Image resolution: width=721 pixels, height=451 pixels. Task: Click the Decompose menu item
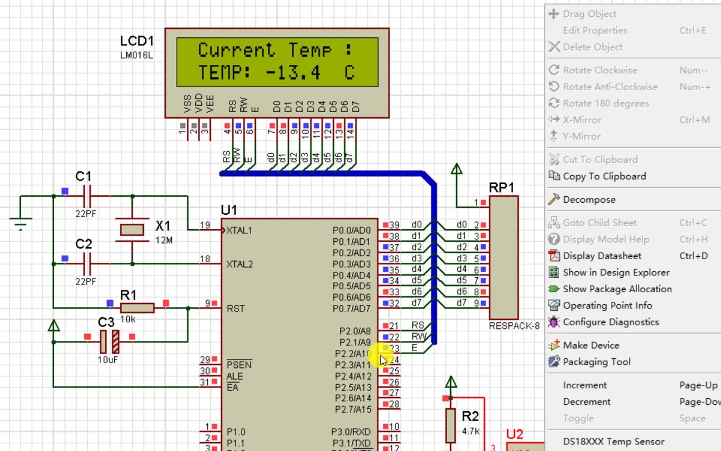(x=589, y=200)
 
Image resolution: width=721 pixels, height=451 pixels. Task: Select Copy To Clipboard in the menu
(x=604, y=176)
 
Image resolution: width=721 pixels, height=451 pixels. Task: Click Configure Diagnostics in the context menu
(x=610, y=322)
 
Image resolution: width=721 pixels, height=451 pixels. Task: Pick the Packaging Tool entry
(x=596, y=362)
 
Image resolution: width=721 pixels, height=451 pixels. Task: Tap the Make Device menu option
(x=591, y=345)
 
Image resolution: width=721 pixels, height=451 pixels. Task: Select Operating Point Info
(x=607, y=306)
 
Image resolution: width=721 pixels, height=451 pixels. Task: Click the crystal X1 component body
(x=132, y=230)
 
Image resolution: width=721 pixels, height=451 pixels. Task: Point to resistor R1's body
(x=137, y=308)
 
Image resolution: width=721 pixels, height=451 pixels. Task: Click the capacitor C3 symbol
(x=109, y=342)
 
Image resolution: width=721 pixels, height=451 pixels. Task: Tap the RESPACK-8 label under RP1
(x=514, y=326)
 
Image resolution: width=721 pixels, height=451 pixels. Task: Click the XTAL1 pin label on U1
(x=239, y=231)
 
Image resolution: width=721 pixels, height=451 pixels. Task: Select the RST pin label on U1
(x=235, y=309)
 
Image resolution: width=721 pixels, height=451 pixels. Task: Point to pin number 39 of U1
(x=394, y=225)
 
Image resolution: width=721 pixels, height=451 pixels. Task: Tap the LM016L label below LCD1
(x=136, y=55)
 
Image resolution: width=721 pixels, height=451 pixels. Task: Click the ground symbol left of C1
(x=20, y=223)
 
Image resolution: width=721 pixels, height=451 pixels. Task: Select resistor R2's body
(x=450, y=425)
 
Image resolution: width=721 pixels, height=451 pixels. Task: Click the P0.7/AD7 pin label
(x=351, y=309)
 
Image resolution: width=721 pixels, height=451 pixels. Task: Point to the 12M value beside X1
(x=164, y=241)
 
